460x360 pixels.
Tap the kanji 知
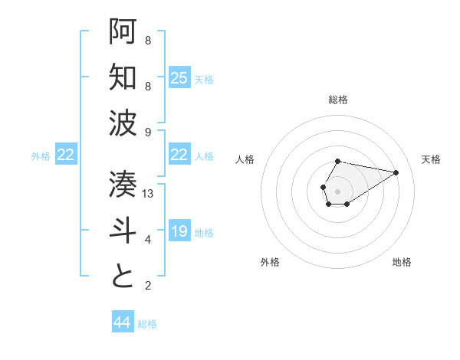(123, 77)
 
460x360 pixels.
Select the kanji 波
(123, 123)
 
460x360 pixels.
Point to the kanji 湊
(123, 185)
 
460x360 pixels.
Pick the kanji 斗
(123, 231)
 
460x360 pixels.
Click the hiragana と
(123, 277)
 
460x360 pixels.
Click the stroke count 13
(149, 194)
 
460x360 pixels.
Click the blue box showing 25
(179, 78)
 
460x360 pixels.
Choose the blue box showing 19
(179, 231)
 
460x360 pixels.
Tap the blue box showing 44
(122, 322)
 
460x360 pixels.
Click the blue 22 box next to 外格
(66, 155)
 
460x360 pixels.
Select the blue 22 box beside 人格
(179, 155)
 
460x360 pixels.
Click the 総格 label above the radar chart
(337, 100)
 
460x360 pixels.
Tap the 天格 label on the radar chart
(431, 159)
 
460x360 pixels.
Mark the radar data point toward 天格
(396, 172)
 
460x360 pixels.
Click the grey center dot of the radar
(337, 190)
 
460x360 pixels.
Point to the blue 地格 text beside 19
(204, 232)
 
